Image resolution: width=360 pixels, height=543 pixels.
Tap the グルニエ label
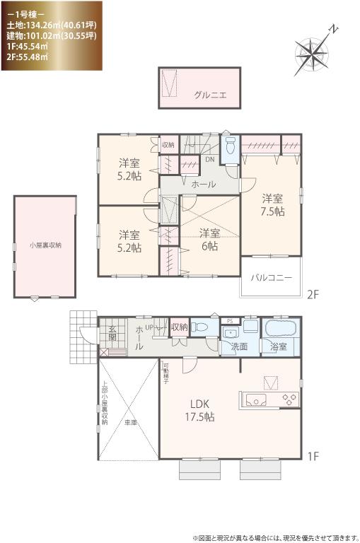210,95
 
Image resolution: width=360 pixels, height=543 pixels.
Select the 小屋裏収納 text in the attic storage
45,245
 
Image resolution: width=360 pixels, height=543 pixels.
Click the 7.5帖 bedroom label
272,204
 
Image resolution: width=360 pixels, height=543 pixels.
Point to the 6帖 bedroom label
209,240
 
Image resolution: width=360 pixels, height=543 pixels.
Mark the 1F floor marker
314,457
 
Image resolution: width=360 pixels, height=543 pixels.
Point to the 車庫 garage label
130,422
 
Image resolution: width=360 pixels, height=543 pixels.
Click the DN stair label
210,159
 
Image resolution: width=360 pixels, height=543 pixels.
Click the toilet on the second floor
230,148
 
